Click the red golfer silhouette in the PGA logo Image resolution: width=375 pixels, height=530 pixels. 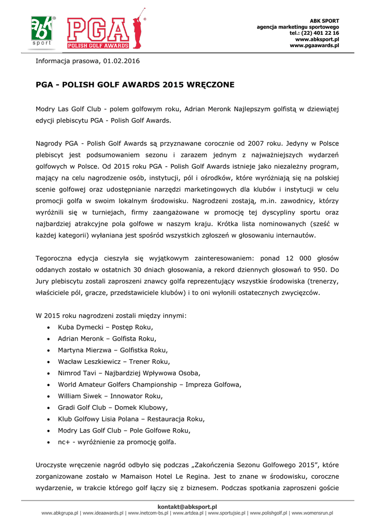point(137,30)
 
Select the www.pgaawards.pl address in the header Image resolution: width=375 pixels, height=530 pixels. point(314,46)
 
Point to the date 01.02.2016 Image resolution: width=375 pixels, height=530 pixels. point(121,61)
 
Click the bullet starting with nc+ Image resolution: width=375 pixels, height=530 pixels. point(116,442)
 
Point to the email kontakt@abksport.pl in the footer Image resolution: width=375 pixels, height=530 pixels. point(187,507)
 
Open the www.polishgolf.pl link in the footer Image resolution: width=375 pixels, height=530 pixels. point(271,513)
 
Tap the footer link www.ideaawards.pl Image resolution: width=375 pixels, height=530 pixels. point(103,513)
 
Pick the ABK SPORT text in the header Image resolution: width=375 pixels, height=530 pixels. point(324,21)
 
